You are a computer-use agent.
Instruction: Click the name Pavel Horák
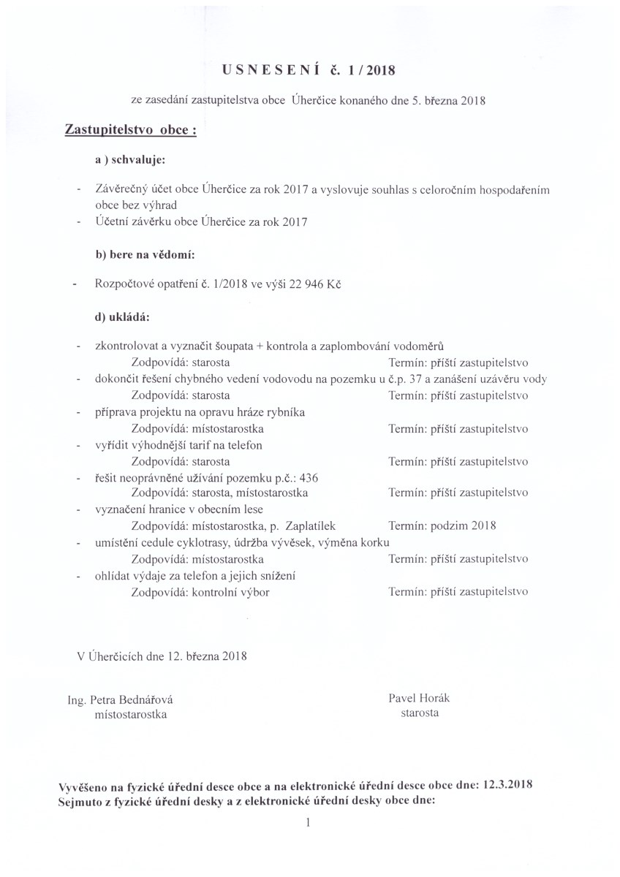click(419, 699)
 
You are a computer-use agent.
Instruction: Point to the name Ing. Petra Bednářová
click(120, 700)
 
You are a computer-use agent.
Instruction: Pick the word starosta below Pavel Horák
click(420, 713)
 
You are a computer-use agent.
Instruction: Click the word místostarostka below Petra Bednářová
click(126, 715)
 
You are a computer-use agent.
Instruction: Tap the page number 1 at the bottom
click(309, 823)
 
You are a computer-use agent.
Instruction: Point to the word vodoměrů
click(426, 346)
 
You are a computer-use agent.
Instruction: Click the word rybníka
click(284, 412)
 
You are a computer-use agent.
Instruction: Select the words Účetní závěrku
click(129, 222)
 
